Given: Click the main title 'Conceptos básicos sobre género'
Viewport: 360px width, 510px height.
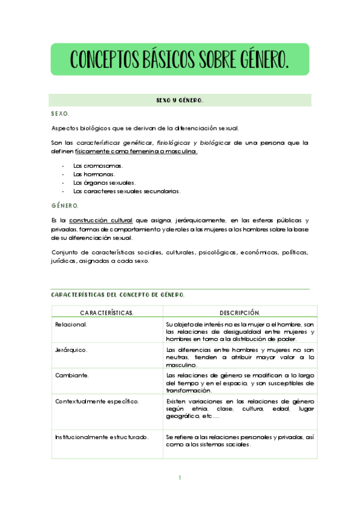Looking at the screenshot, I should [x=180, y=60].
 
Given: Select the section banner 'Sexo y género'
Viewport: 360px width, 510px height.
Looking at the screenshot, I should [x=180, y=101].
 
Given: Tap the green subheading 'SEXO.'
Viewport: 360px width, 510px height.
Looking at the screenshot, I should [x=61, y=113].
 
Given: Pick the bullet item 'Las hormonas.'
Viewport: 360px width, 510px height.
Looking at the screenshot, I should [x=94, y=174].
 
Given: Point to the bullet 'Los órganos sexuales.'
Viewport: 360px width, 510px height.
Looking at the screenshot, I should [x=104, y=182].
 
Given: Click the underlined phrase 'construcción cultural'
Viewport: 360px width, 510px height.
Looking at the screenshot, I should [x=101, y=220].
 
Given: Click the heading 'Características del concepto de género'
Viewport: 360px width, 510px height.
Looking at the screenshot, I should [x=118, y=295].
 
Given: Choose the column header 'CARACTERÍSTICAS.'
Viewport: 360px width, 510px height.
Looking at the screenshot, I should [x=107, y=313].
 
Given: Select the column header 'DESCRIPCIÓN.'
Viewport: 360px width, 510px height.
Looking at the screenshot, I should [x=239, y=313].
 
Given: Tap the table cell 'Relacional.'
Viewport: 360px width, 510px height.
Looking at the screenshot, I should [x=71, y=325].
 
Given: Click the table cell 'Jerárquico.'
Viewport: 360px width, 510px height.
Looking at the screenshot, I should [x=72, y=349].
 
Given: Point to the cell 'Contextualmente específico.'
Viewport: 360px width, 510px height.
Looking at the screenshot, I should [x=97, y=401].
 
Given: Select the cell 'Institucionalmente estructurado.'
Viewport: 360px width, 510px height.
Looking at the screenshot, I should [x=102, y=437].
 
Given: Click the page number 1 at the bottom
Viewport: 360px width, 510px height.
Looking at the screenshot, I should [x=180, y=478].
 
